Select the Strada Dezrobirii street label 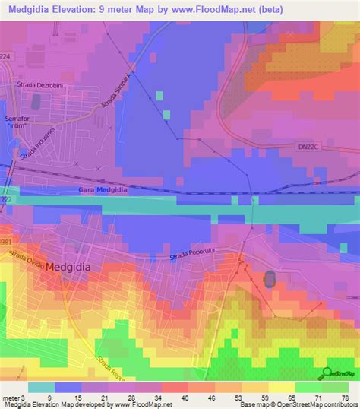click(x=43, y=86)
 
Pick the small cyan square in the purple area click(x=159, y=95)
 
